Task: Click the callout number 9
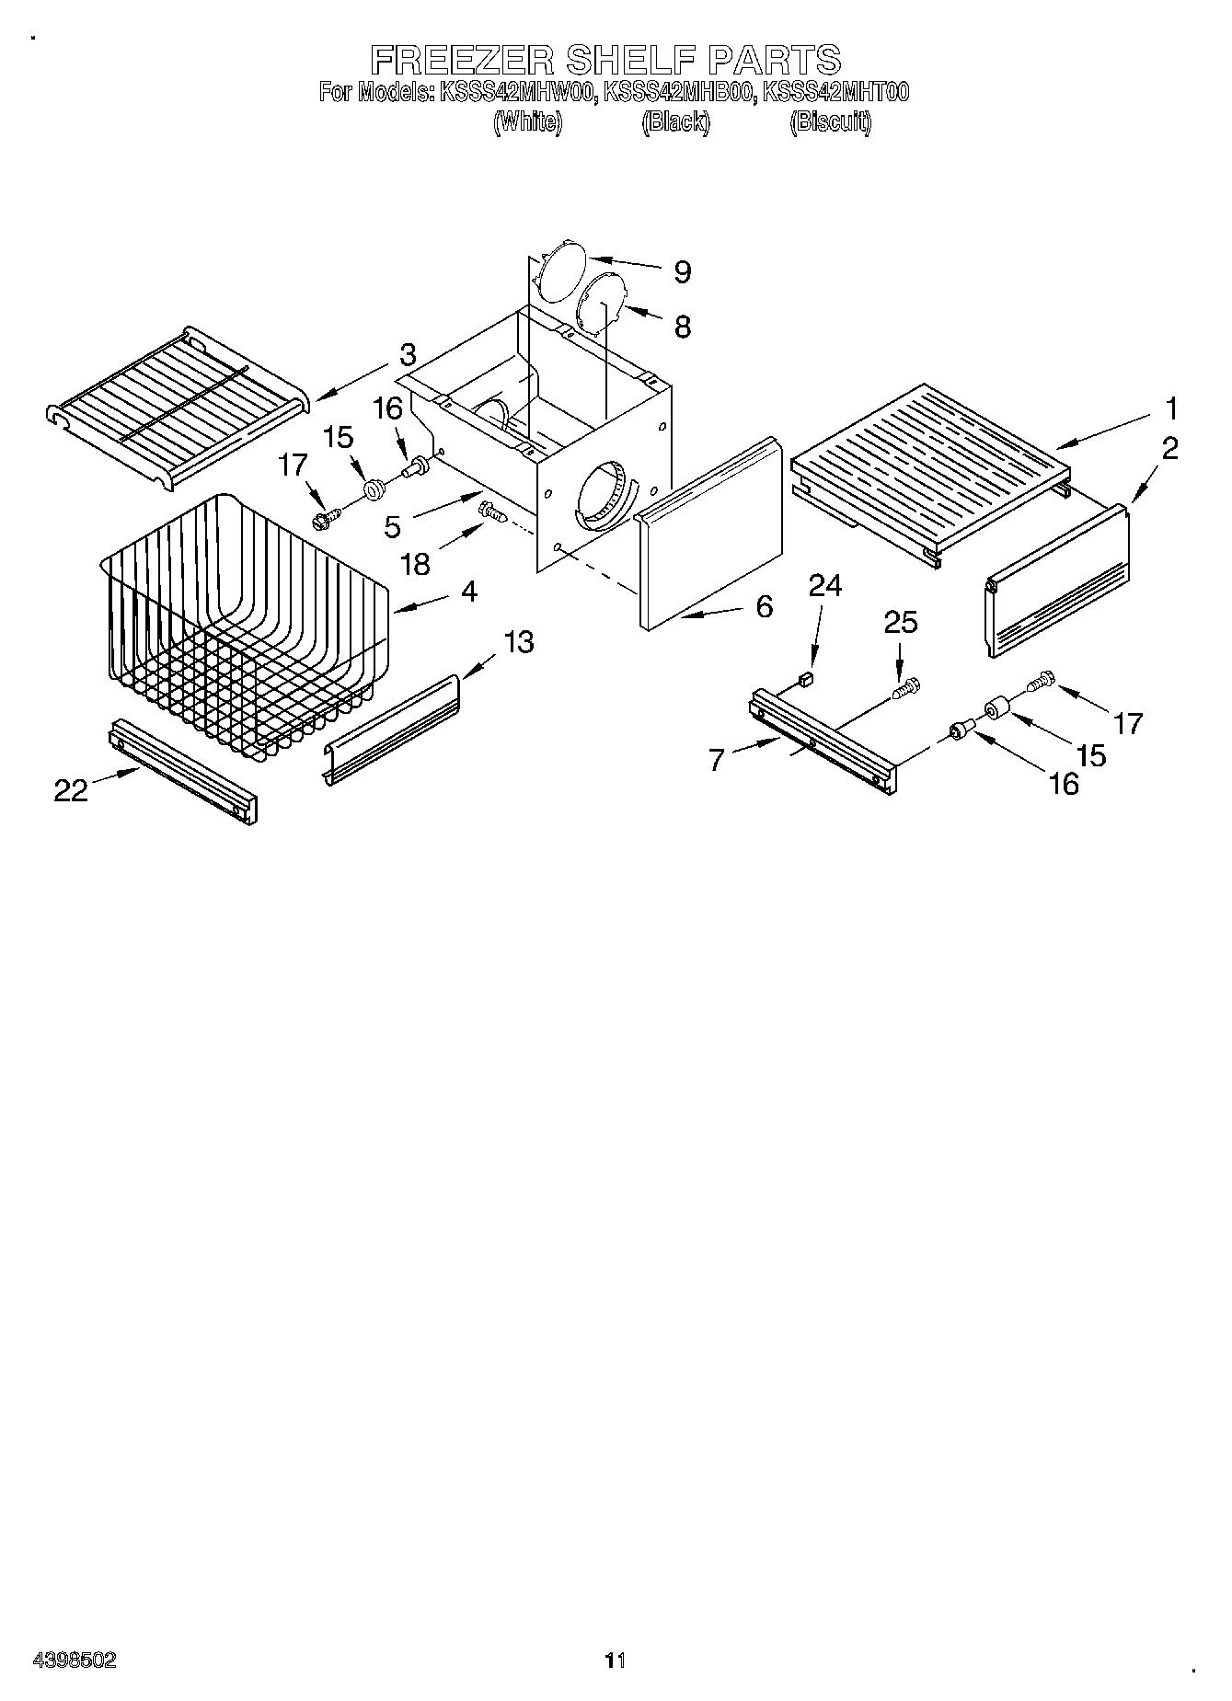682,272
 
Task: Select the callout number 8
682,327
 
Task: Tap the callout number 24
824,586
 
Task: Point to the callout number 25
901,624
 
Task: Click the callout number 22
71,789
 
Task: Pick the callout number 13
519,641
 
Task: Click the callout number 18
417,563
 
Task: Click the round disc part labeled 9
559,271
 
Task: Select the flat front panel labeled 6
708,534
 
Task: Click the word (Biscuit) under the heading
830,121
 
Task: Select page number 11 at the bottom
615,1660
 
